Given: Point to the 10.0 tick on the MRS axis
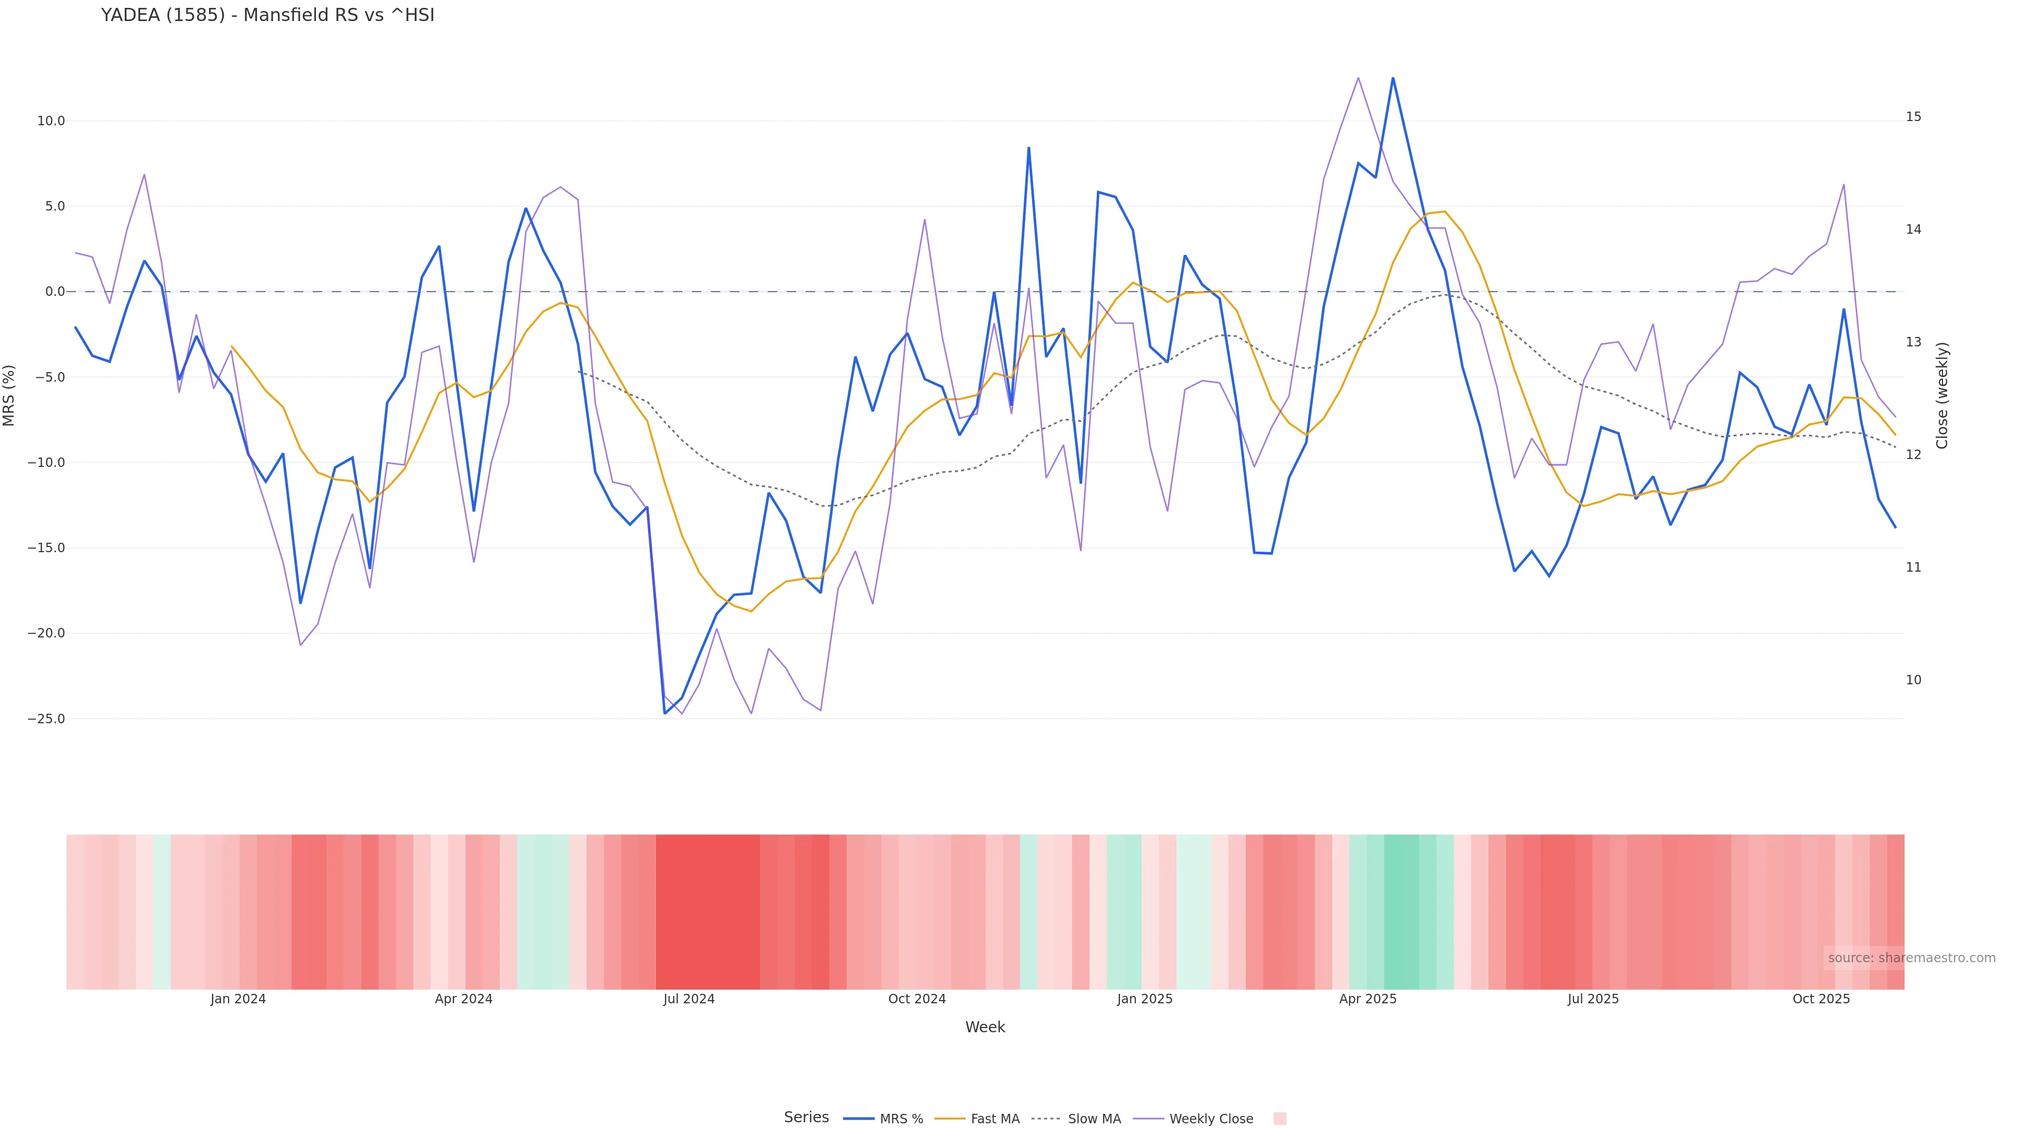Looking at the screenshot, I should pos(51,121).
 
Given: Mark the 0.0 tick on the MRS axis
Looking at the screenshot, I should pos(55,292).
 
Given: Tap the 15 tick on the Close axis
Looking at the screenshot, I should pos(1914,117).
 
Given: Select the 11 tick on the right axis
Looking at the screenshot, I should pos(1914,567).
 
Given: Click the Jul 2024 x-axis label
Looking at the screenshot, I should pos(688,999).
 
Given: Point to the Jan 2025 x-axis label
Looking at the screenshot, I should pos(1144,999).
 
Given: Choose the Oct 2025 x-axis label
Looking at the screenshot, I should pos(1821,999).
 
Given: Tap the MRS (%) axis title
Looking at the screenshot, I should pos(9,395).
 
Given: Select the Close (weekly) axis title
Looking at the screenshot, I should pos(1942,395).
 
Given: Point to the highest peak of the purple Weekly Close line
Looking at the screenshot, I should pos(1358,78).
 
